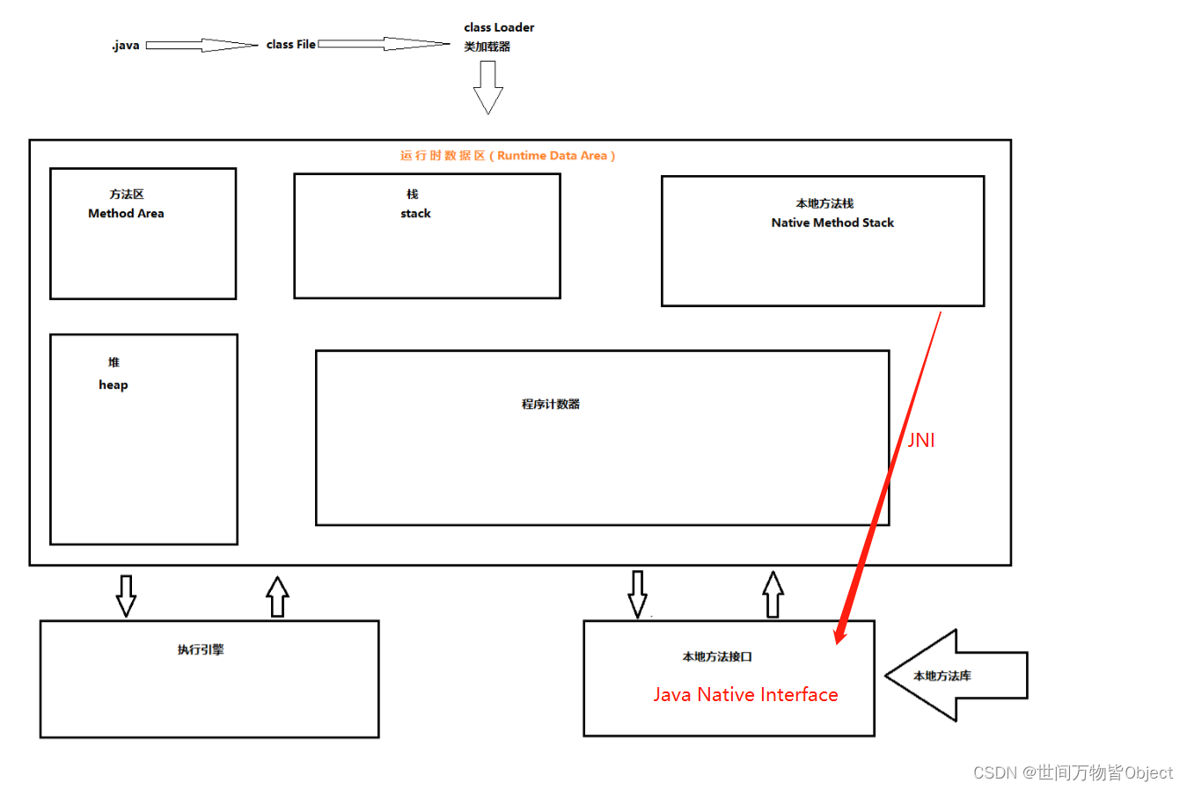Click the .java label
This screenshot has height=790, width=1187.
pos(126,45)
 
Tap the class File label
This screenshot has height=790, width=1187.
pos(290,44)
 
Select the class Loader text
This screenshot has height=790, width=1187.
pos(499,27)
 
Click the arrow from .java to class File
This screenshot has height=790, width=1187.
pos(201,45)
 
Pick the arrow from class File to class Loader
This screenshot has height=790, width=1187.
pos(383,44)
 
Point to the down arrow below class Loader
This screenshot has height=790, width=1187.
pos(488,88)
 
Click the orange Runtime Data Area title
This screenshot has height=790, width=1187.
pos(508,156)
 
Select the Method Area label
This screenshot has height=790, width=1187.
pos(126,214)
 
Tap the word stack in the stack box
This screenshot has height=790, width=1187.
pos(415,214)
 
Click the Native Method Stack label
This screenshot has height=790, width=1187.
pos(832,223)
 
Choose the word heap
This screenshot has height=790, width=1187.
pos(114,384)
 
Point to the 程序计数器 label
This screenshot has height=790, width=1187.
pos(551,405)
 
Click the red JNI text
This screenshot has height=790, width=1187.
pos(921,440)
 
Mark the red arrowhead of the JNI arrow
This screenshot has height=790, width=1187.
pos(840,634)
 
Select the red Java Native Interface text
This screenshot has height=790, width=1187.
pos(745,695)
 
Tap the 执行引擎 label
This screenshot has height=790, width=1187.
pos(201,650)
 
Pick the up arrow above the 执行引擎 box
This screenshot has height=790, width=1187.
pos(277,596)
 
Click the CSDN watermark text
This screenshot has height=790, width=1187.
pos(1073,772)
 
